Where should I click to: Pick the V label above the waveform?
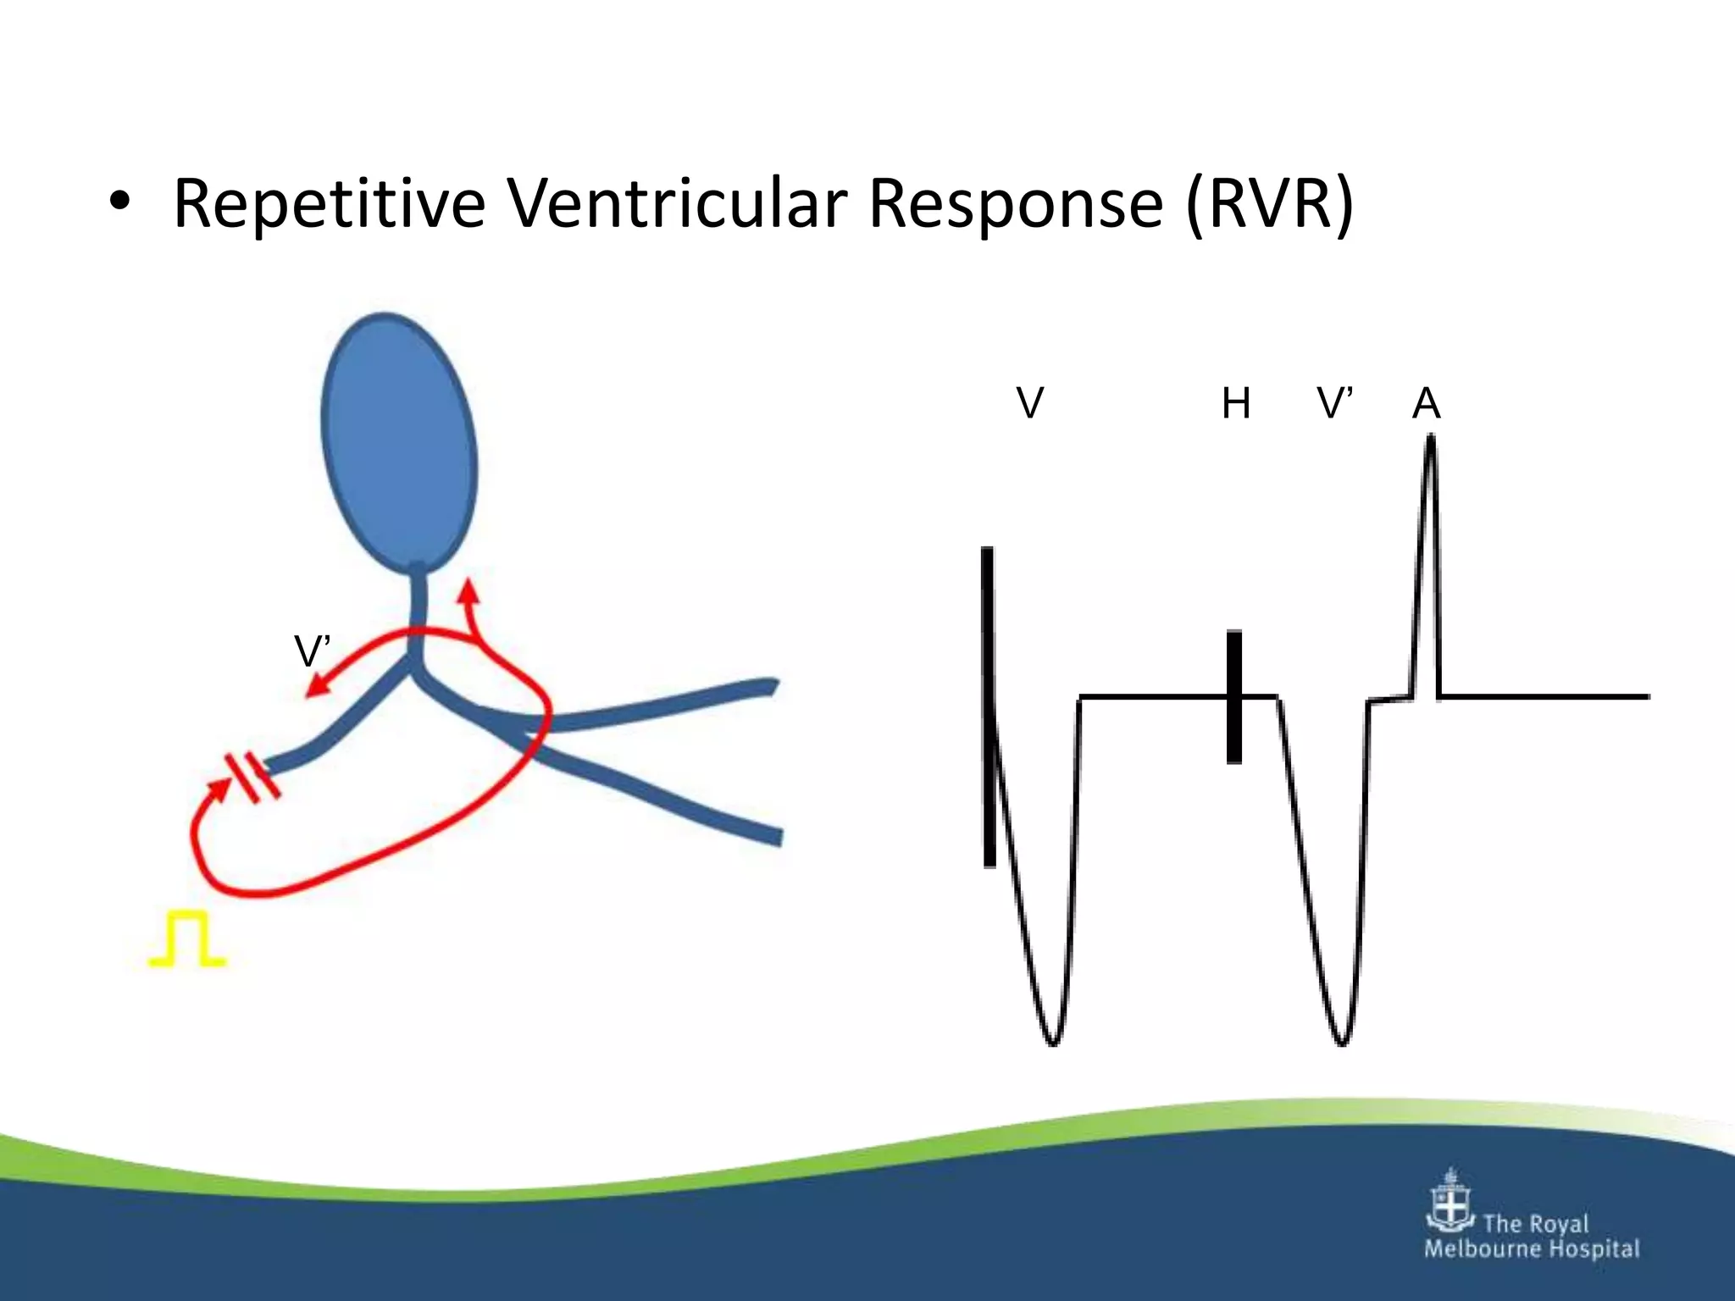1029,403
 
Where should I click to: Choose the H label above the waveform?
1236,403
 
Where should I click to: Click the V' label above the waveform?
1335,403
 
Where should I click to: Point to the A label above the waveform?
1427,404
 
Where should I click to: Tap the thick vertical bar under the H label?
1234,696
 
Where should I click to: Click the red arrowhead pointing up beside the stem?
468,590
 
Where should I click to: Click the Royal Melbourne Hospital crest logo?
1451,1203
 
